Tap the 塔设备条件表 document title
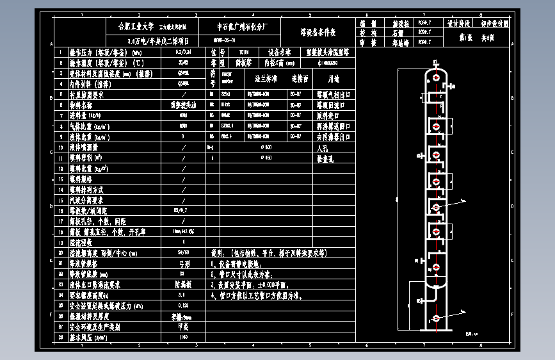tap(318, 32)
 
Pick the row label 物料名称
tap(81, 105)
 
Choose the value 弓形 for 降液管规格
tap(184, 263)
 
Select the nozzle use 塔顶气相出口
tap(333, 94)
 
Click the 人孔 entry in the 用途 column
tap(322, 147)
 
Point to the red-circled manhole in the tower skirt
tap(437, 318)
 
